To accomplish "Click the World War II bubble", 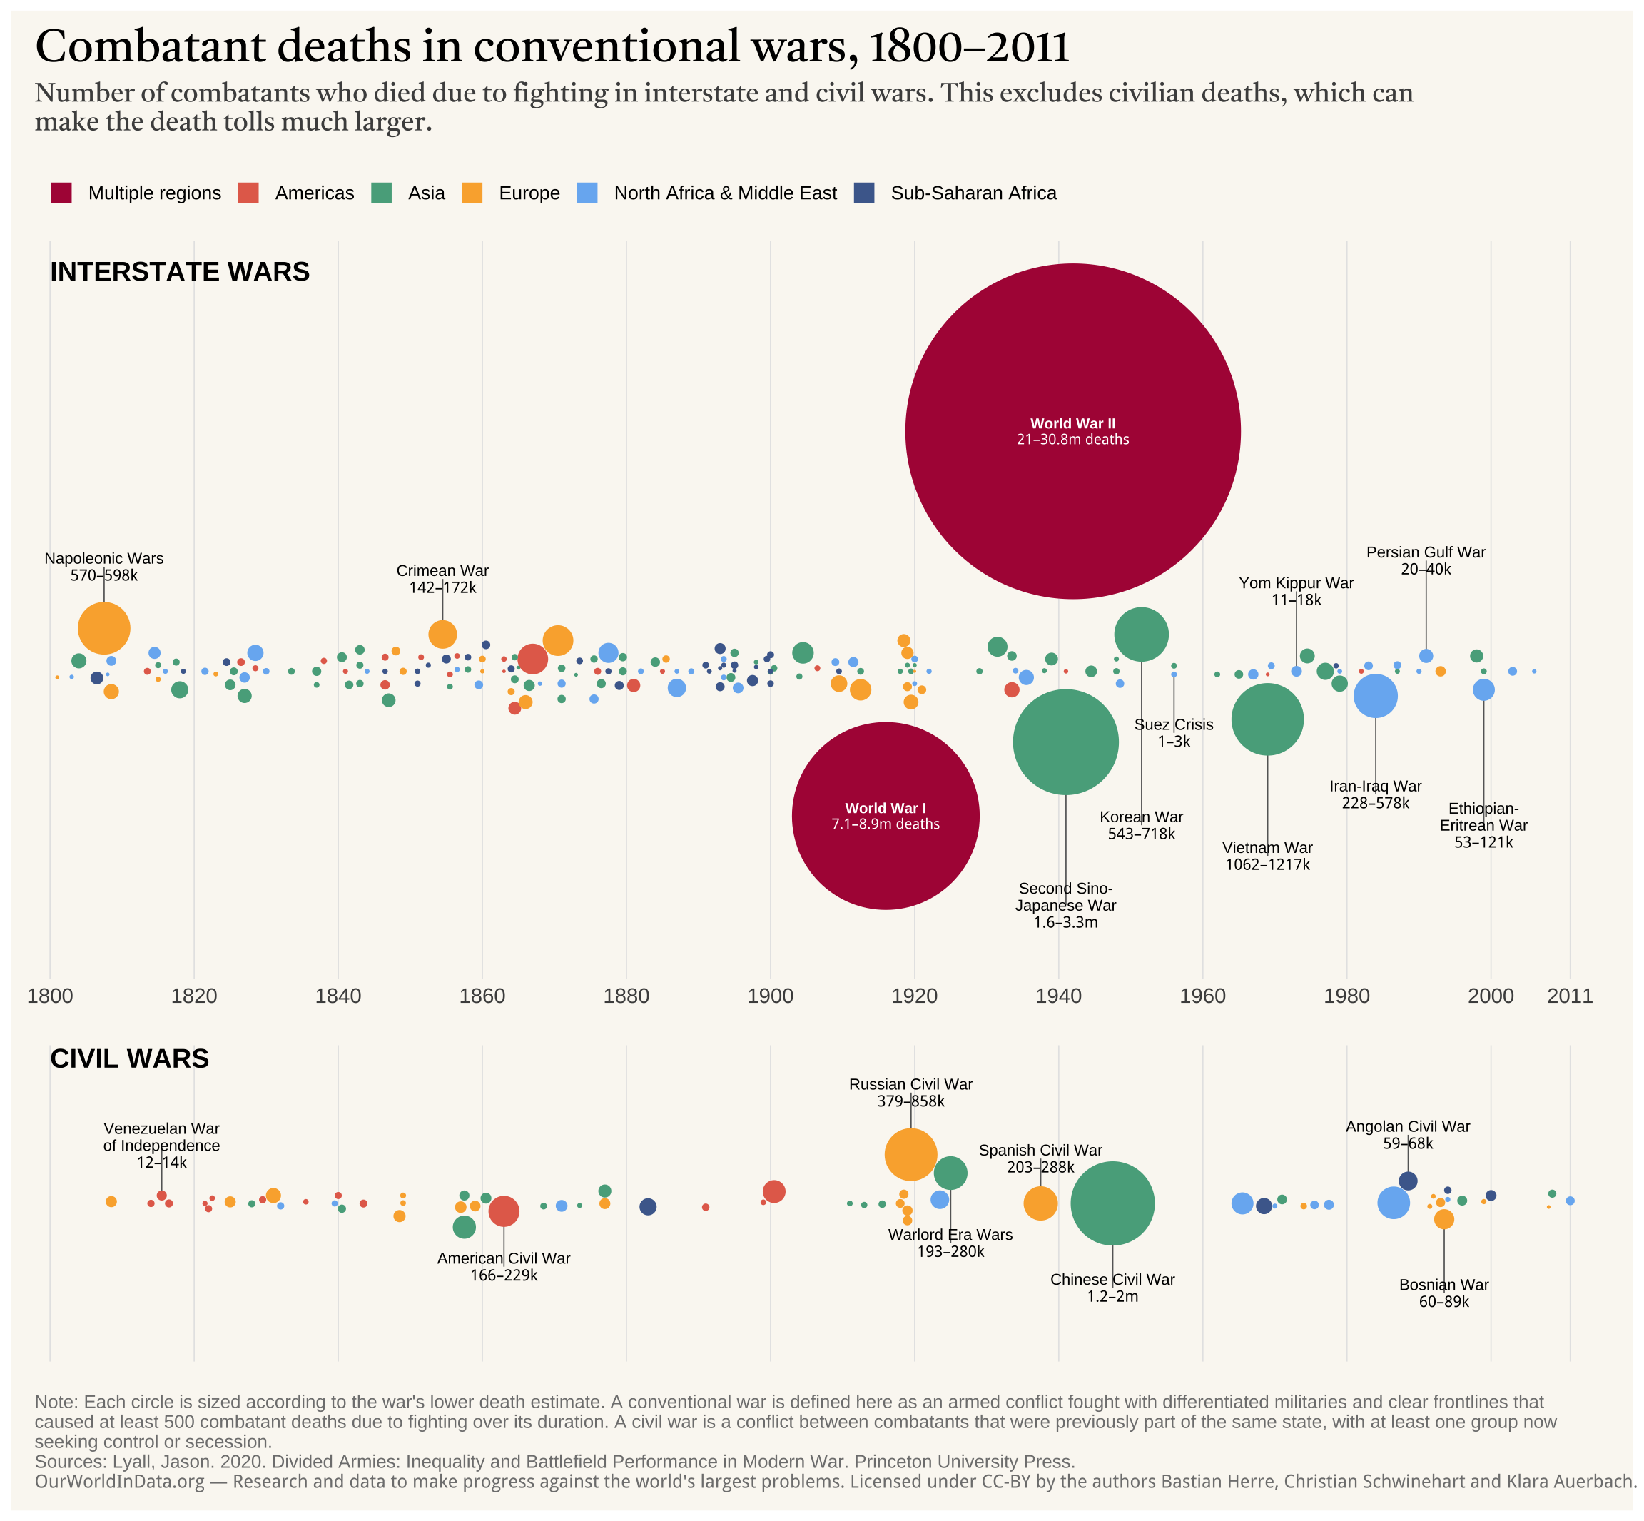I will tap(1072, 431).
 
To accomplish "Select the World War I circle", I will tap(886, 816).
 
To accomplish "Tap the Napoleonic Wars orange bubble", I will tap(103, 628).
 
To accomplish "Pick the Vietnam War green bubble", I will tap(1267, 719).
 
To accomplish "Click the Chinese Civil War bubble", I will tap(1112, 1203).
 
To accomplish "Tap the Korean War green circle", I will tap(1141, 635).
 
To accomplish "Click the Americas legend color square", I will tap(248, 193).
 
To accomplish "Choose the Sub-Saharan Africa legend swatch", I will tap(864, 193).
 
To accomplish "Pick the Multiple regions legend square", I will tap(61, 193).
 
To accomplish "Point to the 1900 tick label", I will tap(770, 996).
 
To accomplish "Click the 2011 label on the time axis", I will tap(1570, 996).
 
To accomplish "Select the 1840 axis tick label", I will tap(338, 996).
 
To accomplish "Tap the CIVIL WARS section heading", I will tap(129, 1058).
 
